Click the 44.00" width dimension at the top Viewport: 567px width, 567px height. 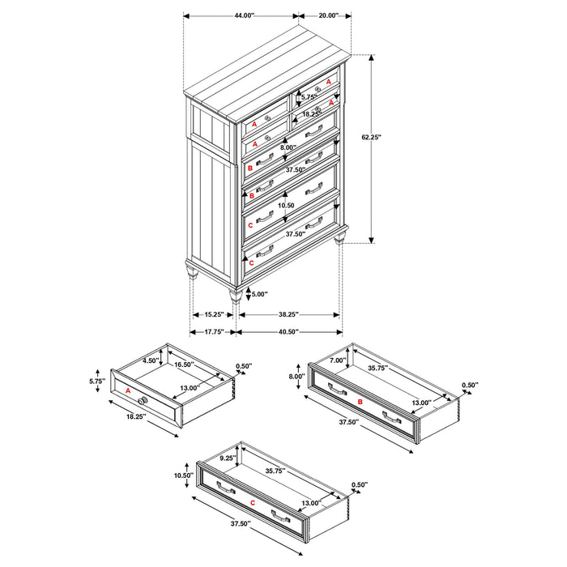coord(239,15)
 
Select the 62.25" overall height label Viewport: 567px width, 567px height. coord(372,138)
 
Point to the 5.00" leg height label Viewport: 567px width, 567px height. coord(258,294)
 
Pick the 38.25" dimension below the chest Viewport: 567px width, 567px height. coord(288,314)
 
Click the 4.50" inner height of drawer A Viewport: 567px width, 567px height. coord(149,361)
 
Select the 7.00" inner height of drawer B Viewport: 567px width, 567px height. coord(339,360)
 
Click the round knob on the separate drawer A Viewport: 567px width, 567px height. coord(143,402)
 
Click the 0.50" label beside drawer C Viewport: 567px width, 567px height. coord(359,485)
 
